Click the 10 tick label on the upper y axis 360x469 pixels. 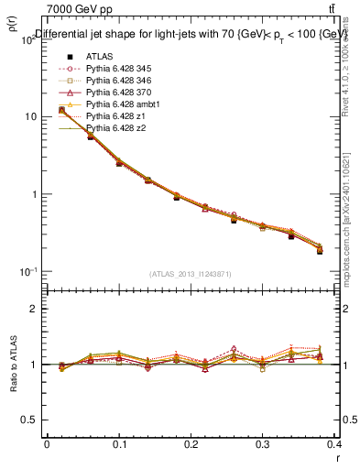coord(29,117)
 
